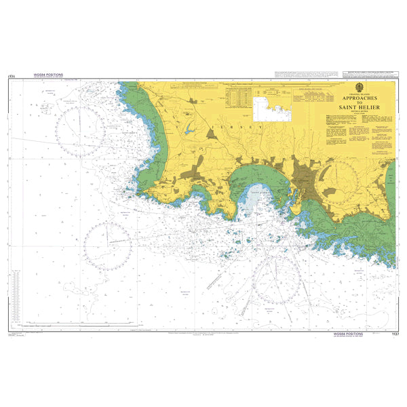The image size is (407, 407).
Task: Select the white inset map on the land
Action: [x=271, y=108]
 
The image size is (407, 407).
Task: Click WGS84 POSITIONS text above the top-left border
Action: [x=48, y=75]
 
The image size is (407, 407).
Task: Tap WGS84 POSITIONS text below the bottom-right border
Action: [x=348, y=334]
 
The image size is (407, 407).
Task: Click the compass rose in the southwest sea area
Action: [x=108, y=245]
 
